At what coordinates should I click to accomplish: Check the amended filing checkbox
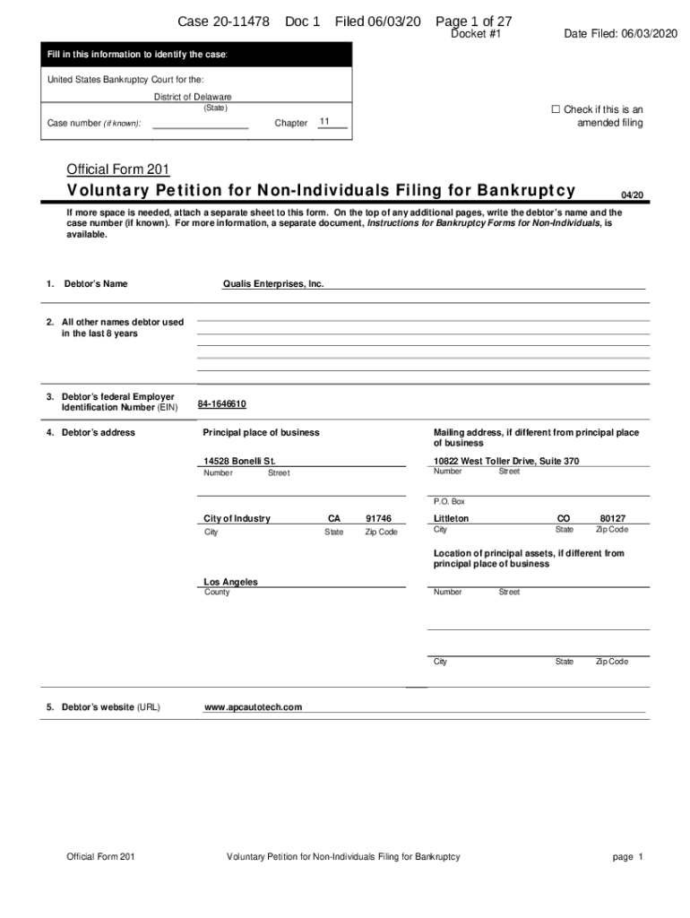555,110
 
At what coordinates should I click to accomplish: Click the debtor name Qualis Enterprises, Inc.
273,284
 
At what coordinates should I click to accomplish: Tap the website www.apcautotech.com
254,707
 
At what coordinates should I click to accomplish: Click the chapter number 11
324,121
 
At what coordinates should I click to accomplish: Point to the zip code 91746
379,519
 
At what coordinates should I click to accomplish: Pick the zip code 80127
613,519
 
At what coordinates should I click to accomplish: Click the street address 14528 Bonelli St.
239,462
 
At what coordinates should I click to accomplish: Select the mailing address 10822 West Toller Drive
506,462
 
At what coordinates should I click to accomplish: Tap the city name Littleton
451,519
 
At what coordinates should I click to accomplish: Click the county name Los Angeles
230,582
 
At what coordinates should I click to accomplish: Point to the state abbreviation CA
334,519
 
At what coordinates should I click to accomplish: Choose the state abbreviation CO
564,519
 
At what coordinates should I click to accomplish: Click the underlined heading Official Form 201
118,169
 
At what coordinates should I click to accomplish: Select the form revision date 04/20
632,195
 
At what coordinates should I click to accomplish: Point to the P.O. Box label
449,501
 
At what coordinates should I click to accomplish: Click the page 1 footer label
628,857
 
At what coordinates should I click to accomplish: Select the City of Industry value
237,519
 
